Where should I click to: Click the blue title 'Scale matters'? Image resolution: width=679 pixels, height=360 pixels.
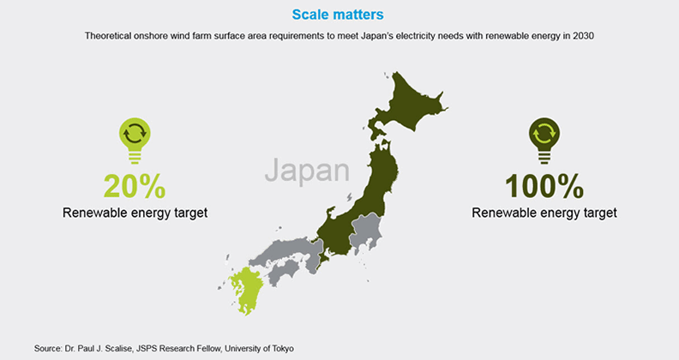pyautogui.click(x=338, y=15)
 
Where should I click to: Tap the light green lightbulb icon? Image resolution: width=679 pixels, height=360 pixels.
pyautogui.click(x=135, y=141)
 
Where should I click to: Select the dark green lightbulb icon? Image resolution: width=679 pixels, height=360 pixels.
pyautogui.click(x=544, y=141)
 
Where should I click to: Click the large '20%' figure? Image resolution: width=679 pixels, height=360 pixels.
pyautogui.click(x=135, y=186)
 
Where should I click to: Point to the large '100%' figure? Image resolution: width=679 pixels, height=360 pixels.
pyautogui.click(x=544, y=186)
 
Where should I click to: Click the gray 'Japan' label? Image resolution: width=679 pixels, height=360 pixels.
pyautogui.click(x=307, y=171)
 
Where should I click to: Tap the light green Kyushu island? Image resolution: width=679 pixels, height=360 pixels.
pyautogui.click(x=244, y=290)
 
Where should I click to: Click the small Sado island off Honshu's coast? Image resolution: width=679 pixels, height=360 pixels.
pyautogui.click(x=350, y=197)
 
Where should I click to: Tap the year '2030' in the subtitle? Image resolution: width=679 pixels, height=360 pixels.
pyautogui.click(x=583, y=36)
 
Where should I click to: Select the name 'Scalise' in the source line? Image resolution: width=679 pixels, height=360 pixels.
pyautogui.click(x=118, y=348)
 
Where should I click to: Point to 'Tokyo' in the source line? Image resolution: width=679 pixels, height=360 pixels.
pyautogui.click(x=283, y=348)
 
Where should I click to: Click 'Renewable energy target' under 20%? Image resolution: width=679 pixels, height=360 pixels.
pyautogui.click(x=135, y=213)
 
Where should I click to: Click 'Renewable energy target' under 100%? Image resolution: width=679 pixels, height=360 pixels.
pyautogui.click(x=544, y=213)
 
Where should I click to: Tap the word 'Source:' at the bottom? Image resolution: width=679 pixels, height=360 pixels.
pyautogui.click(x=48, y=348)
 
